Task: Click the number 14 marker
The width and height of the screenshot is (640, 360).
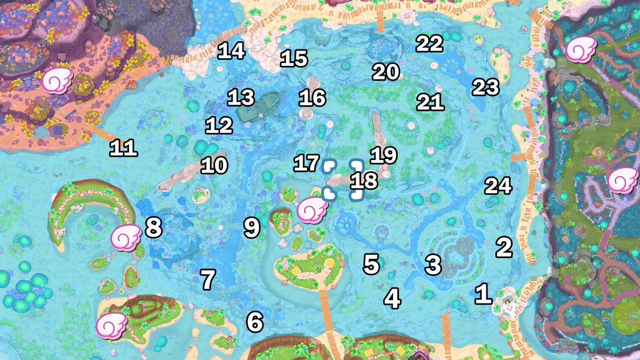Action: point(231,51)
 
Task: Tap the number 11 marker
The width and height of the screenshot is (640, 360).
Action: point(123,149)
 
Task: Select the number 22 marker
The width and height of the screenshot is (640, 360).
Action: point(429,44)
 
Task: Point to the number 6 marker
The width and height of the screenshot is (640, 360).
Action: point(255,322)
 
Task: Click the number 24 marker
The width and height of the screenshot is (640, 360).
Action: point(498,186)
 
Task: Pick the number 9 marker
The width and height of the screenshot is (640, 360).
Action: point(252,227)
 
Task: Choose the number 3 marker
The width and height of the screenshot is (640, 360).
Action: point(433,264)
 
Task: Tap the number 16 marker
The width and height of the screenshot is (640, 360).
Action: point(313,98)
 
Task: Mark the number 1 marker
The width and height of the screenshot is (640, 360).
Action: point(483,294)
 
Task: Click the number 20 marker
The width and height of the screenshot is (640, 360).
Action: point(386,72)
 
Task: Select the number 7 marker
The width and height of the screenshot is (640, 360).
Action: point(208,279)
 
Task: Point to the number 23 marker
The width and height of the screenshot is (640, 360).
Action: point(485,87)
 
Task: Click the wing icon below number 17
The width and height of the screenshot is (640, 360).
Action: point(313,210)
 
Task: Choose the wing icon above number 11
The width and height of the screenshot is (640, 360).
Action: point(57,81)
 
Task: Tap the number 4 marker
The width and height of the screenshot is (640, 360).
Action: point(393,299)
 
